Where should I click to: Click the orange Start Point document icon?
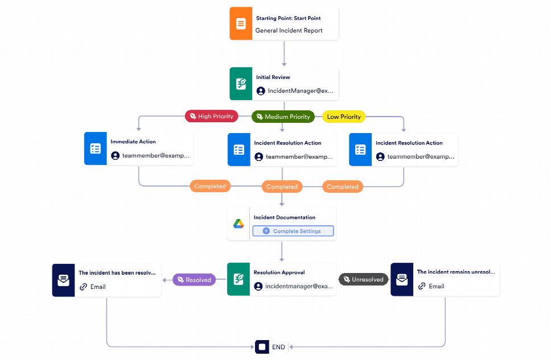click(241, 24)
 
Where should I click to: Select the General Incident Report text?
click(289, 31)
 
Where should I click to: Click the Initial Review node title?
click(273, 77)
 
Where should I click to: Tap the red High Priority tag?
click(211, 117)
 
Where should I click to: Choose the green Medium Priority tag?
click(283, 117)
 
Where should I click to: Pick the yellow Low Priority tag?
click(344, 117)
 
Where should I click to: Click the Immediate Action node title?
click(133, 142)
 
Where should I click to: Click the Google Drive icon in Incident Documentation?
click(239, 224)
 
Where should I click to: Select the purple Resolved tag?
click(194, 280)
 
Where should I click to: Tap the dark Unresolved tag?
click(363, 279)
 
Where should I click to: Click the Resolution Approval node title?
click(279, 272)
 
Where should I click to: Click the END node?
click(272, 346)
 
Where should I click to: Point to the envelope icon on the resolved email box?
click(63, 280)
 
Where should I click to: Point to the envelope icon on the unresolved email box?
click(402, 280)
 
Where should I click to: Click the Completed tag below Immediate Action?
click(210, 186)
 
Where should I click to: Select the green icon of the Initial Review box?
click(241, 85)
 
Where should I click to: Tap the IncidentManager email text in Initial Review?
click(301, 91)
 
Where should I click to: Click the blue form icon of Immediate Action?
click(95, 149)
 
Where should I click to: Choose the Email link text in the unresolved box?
click(436, 287)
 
